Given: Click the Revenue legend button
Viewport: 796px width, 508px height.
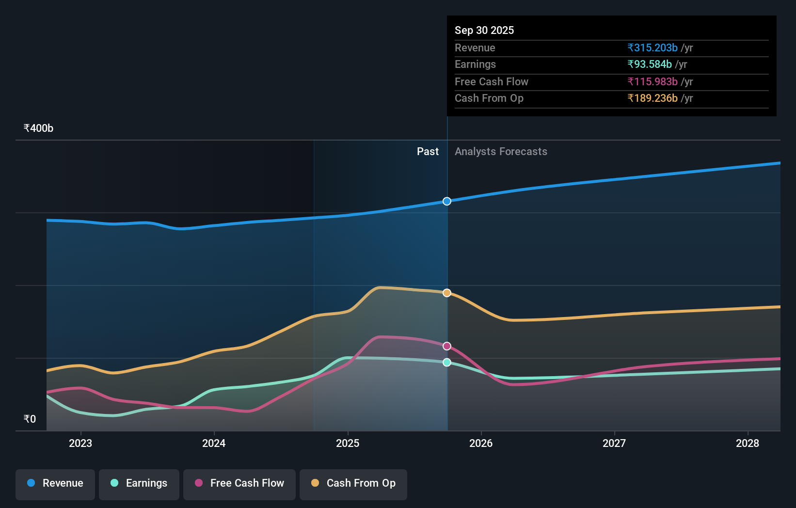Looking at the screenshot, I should [x=55, y=483].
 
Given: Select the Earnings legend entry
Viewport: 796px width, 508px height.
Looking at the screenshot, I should [x=139, y=483].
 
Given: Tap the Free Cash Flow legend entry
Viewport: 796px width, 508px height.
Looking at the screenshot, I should [x=239, y=483].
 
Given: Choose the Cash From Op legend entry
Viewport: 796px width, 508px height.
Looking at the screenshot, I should [x=353, y=483].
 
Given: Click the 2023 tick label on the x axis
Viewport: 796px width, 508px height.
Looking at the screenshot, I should [x=80, y=443].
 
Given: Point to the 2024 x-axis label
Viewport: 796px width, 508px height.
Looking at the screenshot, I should [x=214, y=443].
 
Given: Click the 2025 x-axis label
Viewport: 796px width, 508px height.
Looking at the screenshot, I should [x=348, y=443].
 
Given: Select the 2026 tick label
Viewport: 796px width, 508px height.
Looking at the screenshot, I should [x=481, y=443].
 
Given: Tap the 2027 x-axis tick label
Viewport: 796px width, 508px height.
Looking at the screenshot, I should [x=614, y=443].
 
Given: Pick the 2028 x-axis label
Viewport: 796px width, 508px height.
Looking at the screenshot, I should [x=748, y=443].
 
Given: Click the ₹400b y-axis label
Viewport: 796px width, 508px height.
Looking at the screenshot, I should [x=38, y=128].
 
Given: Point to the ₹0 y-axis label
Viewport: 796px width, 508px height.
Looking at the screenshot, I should [x=30, y=419].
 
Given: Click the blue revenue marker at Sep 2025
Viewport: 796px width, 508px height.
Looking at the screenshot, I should [x=447, y=201].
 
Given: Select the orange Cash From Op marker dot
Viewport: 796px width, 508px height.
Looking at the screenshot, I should [x=447, y=293].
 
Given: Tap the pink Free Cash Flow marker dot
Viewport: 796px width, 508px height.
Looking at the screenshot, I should [x=447, y=346].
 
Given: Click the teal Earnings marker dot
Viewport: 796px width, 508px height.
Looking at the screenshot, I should [x=447, y=363].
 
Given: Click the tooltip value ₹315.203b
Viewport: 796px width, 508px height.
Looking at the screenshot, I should [x=652, y=48].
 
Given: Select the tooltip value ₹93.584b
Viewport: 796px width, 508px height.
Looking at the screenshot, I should [x=649, y=64].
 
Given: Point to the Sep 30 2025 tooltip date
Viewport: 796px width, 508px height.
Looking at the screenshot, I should [x=484, y=30].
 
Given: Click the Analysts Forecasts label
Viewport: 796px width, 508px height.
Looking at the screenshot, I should [x=501, y=152].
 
